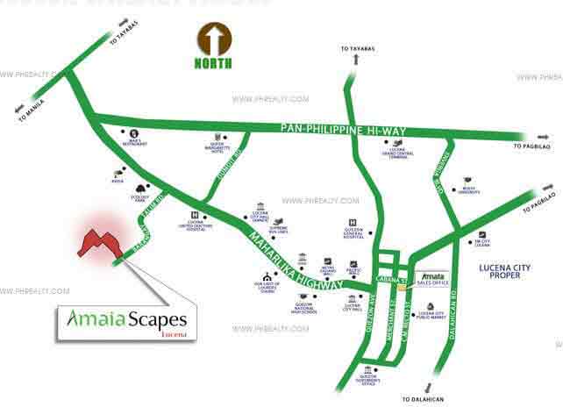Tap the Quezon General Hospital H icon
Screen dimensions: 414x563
352,222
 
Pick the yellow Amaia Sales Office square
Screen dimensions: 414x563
403,287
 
